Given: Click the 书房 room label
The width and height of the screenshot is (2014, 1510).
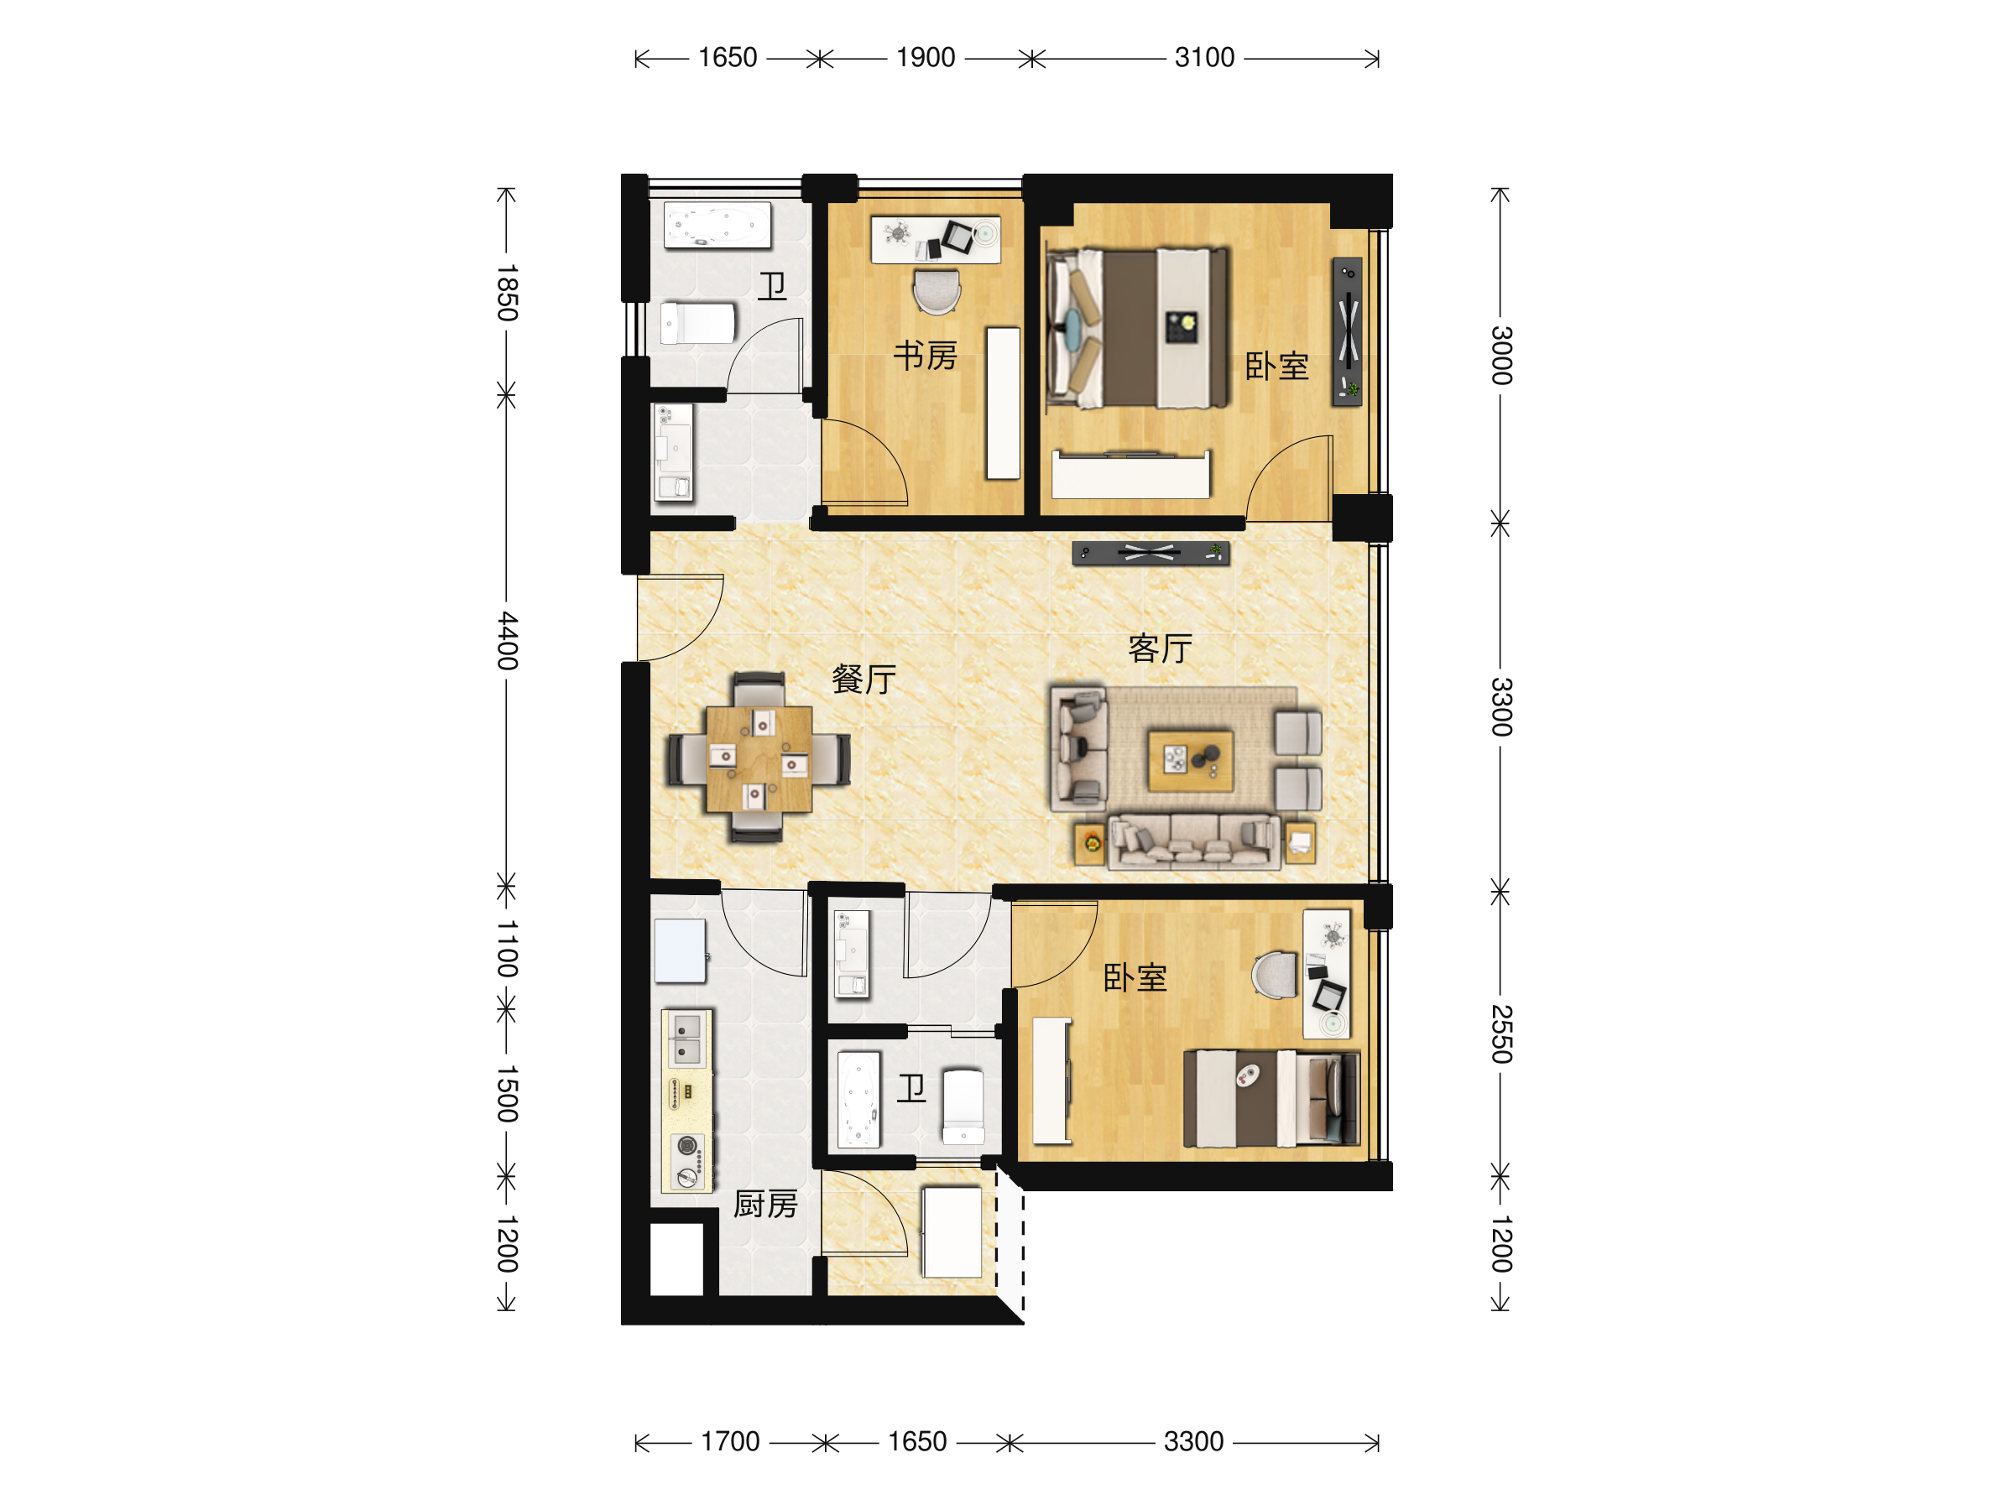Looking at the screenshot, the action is [925, 356].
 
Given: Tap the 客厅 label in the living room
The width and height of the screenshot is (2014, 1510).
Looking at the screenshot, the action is [1160, 648].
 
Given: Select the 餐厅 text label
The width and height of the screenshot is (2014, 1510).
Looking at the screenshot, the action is [864, 679].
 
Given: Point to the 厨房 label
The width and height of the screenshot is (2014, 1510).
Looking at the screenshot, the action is [765, 1204].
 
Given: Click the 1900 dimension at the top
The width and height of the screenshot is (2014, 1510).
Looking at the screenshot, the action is [925, 57].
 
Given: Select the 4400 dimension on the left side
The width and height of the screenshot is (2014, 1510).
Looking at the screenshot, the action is [507, 641].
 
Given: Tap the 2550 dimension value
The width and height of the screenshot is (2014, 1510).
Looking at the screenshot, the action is [1501, 1034].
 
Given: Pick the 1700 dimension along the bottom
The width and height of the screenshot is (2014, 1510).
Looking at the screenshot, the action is [729, 1442].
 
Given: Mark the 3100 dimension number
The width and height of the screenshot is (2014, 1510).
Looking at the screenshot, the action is [1203, 57].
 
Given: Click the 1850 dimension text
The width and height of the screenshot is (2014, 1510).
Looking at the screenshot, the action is [507, 293].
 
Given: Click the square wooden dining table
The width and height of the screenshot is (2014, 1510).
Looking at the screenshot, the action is [759, 758].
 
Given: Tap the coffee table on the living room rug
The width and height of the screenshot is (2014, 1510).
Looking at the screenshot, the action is [1191, 760].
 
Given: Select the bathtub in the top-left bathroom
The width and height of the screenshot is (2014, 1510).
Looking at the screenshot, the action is [717, 225].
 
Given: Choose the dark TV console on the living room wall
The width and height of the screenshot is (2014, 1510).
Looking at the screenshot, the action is [1150, 553].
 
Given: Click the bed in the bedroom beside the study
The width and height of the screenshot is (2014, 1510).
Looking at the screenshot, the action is [1137, 328].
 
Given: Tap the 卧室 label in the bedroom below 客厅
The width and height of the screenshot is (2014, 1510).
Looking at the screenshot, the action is [1135, 977].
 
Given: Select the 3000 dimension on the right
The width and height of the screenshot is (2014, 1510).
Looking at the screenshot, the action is [1501, 355].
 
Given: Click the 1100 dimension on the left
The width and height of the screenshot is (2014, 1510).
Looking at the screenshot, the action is [507, 949].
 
